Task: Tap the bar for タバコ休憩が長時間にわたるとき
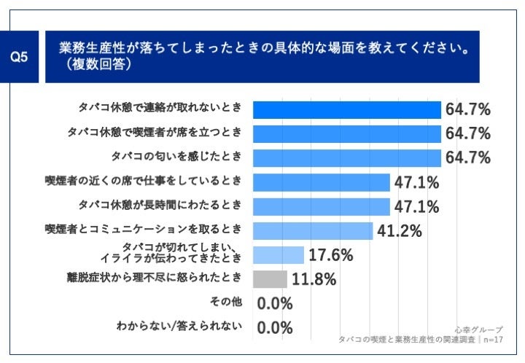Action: pos(322,206)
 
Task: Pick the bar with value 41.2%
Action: pos(314,230)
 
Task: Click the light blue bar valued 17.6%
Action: pos(279,255)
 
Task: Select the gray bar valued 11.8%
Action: pos(270,279)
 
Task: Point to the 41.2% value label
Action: pos(400,231)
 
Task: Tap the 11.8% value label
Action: pos(314,279)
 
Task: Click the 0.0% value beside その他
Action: pos(275,303)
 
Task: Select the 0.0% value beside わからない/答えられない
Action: pos(275,327)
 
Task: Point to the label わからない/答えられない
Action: pos(179,325)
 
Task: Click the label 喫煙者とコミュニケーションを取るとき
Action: pos(144,229)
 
